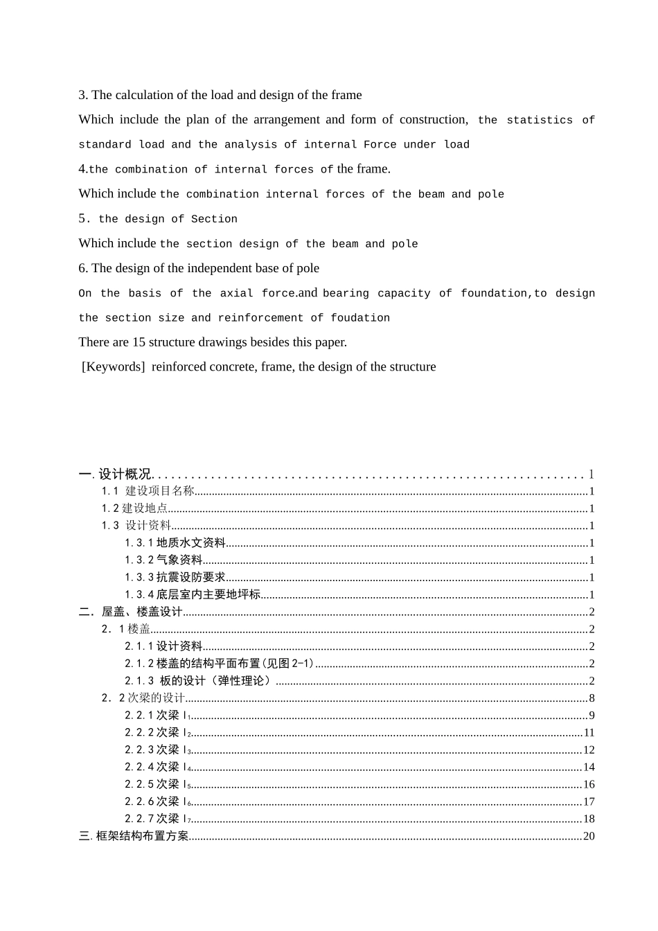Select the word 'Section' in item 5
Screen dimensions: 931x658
click(214, 219)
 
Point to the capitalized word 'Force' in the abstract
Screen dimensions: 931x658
click(380, 145)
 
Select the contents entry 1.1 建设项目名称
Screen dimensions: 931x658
click(148, 491)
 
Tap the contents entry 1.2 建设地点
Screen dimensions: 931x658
click(135, 508)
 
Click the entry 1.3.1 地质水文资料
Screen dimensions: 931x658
click(175, 543)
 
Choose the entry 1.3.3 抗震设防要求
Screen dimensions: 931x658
click(175, 577)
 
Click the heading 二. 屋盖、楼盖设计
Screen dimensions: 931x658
click(131, 612)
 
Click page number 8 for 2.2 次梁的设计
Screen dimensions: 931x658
click(592, 698)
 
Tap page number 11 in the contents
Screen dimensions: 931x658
click(589, 733)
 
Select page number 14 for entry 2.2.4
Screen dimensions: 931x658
click(589, 767)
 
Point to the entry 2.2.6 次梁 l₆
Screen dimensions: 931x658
click(158, 801)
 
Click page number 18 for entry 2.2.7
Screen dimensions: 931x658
click(589, 819)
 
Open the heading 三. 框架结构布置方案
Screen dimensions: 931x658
click(134, 836)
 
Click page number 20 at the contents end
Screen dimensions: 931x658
click(589, 836)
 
